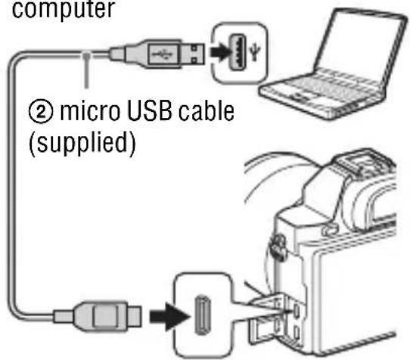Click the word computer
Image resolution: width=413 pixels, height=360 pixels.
click(x=64, y=9)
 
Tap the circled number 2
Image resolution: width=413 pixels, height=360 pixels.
click(x=40, y=112)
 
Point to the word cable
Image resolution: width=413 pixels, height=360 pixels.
click(x=206, y=110)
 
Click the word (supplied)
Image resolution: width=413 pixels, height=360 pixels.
click(x=82, y=143)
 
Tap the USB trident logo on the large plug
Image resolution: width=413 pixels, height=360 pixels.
click(x=162, y=54)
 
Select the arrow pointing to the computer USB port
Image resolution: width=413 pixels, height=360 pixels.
click(x=220, y=52)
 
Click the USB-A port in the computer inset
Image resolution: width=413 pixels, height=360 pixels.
click(x=238, y=52)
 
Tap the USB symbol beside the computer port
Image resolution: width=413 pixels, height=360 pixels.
click(x=255, y=51)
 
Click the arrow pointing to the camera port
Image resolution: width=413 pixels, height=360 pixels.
click(x=169, y=316)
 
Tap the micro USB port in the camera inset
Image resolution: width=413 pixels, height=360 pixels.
click(x=202, y=315)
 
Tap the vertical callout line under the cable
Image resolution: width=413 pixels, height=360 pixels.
click(x=86, y=70)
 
